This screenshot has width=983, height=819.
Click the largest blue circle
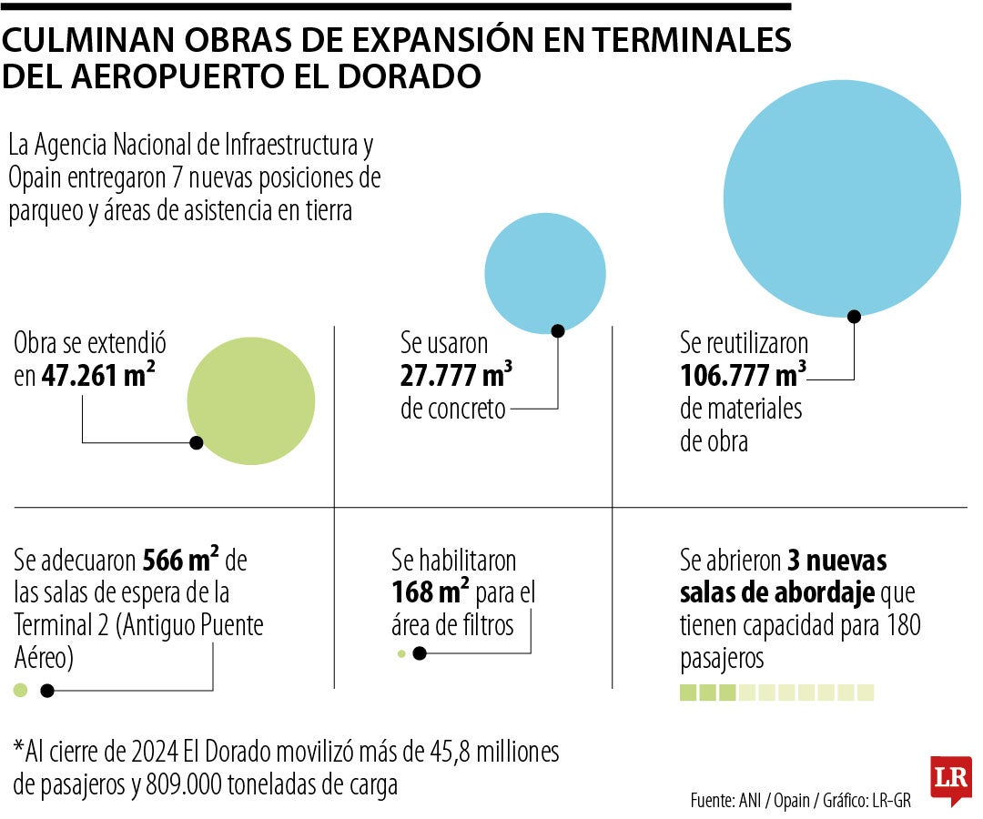point(842,198)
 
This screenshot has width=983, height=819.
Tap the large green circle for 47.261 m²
point(251,400)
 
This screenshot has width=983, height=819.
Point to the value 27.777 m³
point(456,375)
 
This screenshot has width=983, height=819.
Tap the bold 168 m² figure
point(431,592)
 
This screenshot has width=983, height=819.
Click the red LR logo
point(950,779)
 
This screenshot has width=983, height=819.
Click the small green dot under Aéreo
point(21,691)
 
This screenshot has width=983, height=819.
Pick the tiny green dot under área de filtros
point(400,653)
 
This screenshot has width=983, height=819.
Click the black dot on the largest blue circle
point(854,316)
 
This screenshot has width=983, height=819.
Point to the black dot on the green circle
point(196,443)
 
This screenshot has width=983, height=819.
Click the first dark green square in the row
point(688,693)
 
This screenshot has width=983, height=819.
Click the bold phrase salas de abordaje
point(776,593)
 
